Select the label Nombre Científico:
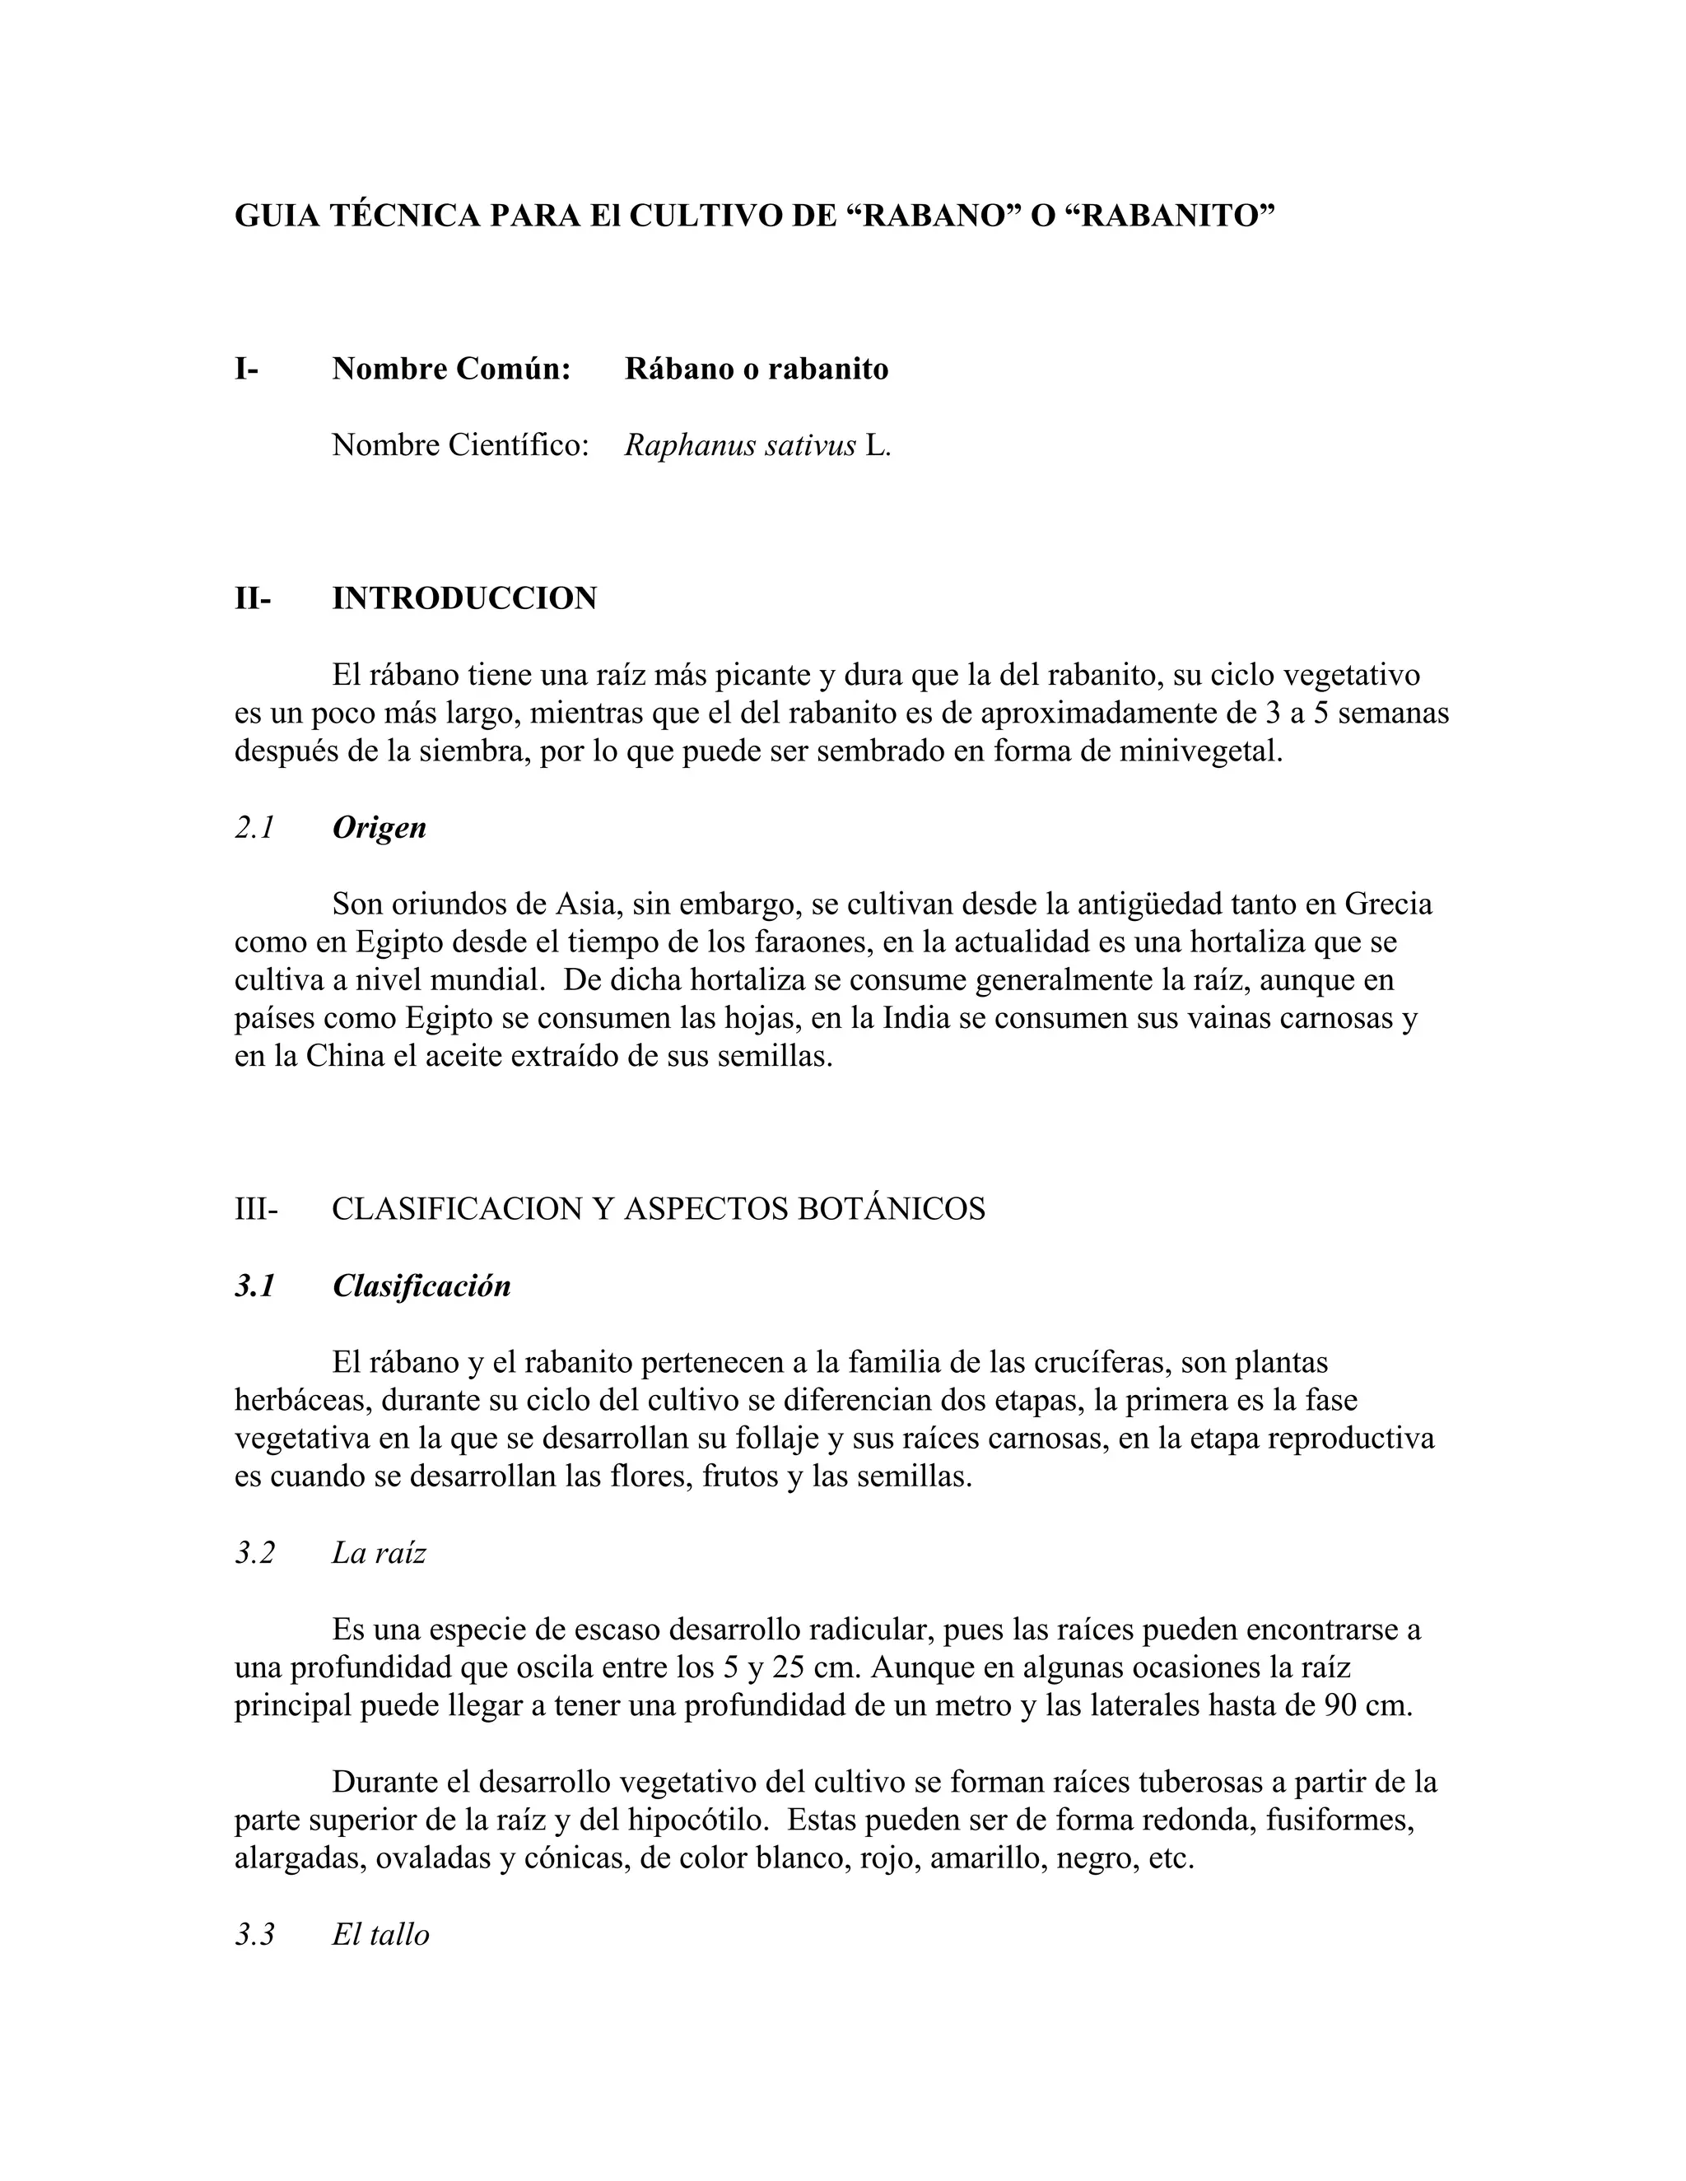coord(459,445)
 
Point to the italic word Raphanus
coord(690,445)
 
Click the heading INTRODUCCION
coord(464,598)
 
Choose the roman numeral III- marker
coord(257,1209)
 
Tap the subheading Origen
coord(380,828)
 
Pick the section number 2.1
coord(254,828)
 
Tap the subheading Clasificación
coord(421,1286)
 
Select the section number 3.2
coord(254,1553)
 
